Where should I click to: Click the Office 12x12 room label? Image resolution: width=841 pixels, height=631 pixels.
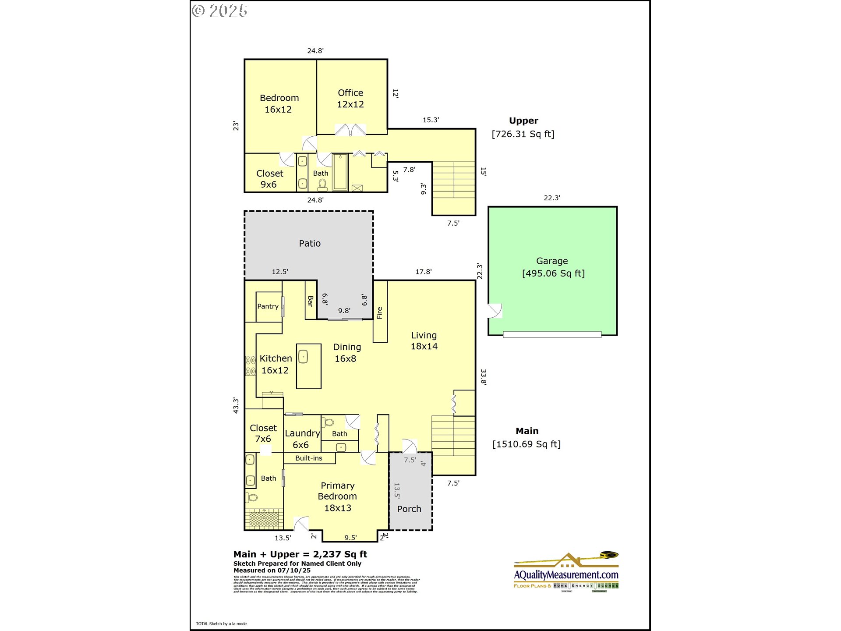point(350,99)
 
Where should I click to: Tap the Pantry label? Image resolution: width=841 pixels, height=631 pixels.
point(268,306)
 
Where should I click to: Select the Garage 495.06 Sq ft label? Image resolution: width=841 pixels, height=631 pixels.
point(553,267)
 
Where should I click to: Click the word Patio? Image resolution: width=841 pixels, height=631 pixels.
point(310,243)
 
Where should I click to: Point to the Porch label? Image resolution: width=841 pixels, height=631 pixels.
point(409,509)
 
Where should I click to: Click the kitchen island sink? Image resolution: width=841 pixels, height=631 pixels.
point(303,357)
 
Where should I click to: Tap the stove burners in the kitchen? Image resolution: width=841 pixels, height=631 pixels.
point(251,366)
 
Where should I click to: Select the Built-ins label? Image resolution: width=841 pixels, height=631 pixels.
point(308,458)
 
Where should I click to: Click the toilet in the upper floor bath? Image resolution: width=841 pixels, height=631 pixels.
point(323,185)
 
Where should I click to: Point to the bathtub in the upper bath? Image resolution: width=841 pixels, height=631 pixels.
point(340,172)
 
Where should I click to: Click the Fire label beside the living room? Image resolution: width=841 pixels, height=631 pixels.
point(380,312)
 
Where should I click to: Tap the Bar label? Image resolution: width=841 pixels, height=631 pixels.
point(311,301)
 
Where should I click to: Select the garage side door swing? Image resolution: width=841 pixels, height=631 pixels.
point(495,311)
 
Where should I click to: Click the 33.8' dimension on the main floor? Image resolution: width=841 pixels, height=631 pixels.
point(484,377)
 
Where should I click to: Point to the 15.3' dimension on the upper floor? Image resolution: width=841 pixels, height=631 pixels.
point(431,120)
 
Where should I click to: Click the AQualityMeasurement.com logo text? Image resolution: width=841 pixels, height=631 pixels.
point(566,574)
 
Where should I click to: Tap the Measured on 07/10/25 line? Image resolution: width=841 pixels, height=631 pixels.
point(272,570)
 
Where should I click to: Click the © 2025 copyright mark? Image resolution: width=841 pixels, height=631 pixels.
point(220,11)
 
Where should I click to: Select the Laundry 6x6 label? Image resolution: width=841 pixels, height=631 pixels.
point(302,439)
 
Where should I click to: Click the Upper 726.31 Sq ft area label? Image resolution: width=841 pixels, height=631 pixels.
point(523,128)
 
